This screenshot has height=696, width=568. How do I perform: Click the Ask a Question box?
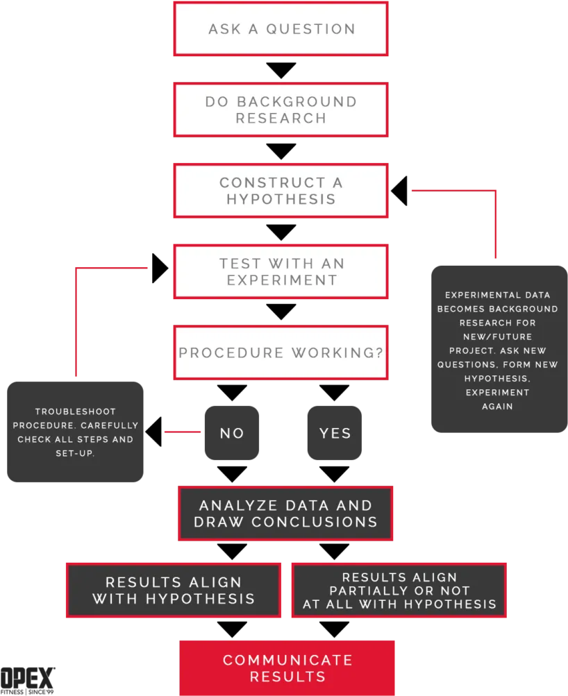pos(281,29)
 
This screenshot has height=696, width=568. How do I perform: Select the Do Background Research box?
pos(281,110)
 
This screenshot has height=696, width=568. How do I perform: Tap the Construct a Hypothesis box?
pos(281,191)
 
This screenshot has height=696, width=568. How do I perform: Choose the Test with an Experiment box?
pos(281,271)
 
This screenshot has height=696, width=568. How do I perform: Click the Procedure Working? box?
pos(281,353)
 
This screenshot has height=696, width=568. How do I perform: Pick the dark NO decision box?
pos(232,433)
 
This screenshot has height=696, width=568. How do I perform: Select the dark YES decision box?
pos(335,433)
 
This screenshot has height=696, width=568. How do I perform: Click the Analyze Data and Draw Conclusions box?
pos(285,513)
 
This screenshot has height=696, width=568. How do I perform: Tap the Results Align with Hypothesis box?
pos(174,591)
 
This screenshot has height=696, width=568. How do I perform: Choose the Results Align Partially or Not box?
pos(399,591)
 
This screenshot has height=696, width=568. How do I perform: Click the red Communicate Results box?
pos(287,668)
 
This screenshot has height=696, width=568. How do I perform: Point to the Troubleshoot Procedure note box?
pos(75,432)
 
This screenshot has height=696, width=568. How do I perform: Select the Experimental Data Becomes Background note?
pos(499,349)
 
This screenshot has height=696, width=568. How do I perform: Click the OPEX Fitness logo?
pos(28,681)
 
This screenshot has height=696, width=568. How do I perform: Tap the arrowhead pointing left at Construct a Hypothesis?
pos(399,191)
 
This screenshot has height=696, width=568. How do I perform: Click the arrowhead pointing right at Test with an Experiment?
pos(160,268)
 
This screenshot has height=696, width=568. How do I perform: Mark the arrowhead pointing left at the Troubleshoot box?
pos(153,432)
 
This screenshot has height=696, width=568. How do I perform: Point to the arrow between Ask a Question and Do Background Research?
pos(281,71)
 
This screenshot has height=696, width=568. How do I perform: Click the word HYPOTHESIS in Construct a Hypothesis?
pos(281,199)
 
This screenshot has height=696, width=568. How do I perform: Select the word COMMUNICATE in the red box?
pos(287,660)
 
